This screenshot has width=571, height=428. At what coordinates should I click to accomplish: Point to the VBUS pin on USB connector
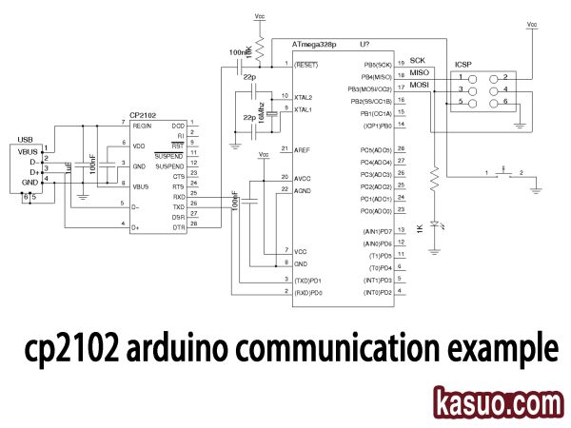click(26, 151)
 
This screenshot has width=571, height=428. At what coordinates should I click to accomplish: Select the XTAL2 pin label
click(304, 97)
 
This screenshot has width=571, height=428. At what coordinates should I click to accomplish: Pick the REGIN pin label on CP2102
click(142, 125)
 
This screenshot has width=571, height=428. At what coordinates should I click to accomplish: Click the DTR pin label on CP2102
click(178, 224)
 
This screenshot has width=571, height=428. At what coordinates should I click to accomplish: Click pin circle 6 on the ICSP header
click(493, 102)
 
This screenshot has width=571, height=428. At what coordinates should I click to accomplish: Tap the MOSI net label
click(420, 85)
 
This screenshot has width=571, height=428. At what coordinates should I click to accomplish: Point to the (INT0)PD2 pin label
click(371, 293)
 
